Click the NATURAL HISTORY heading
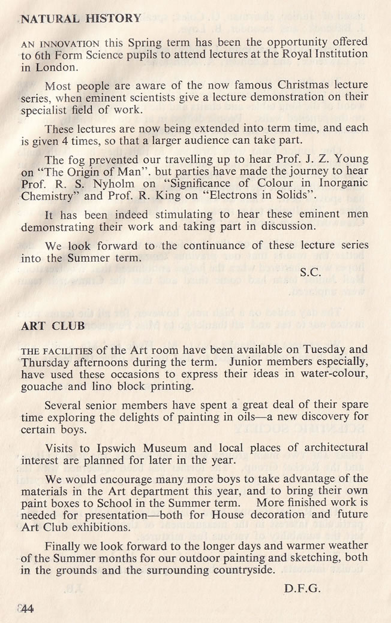81,19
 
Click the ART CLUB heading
52,326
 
